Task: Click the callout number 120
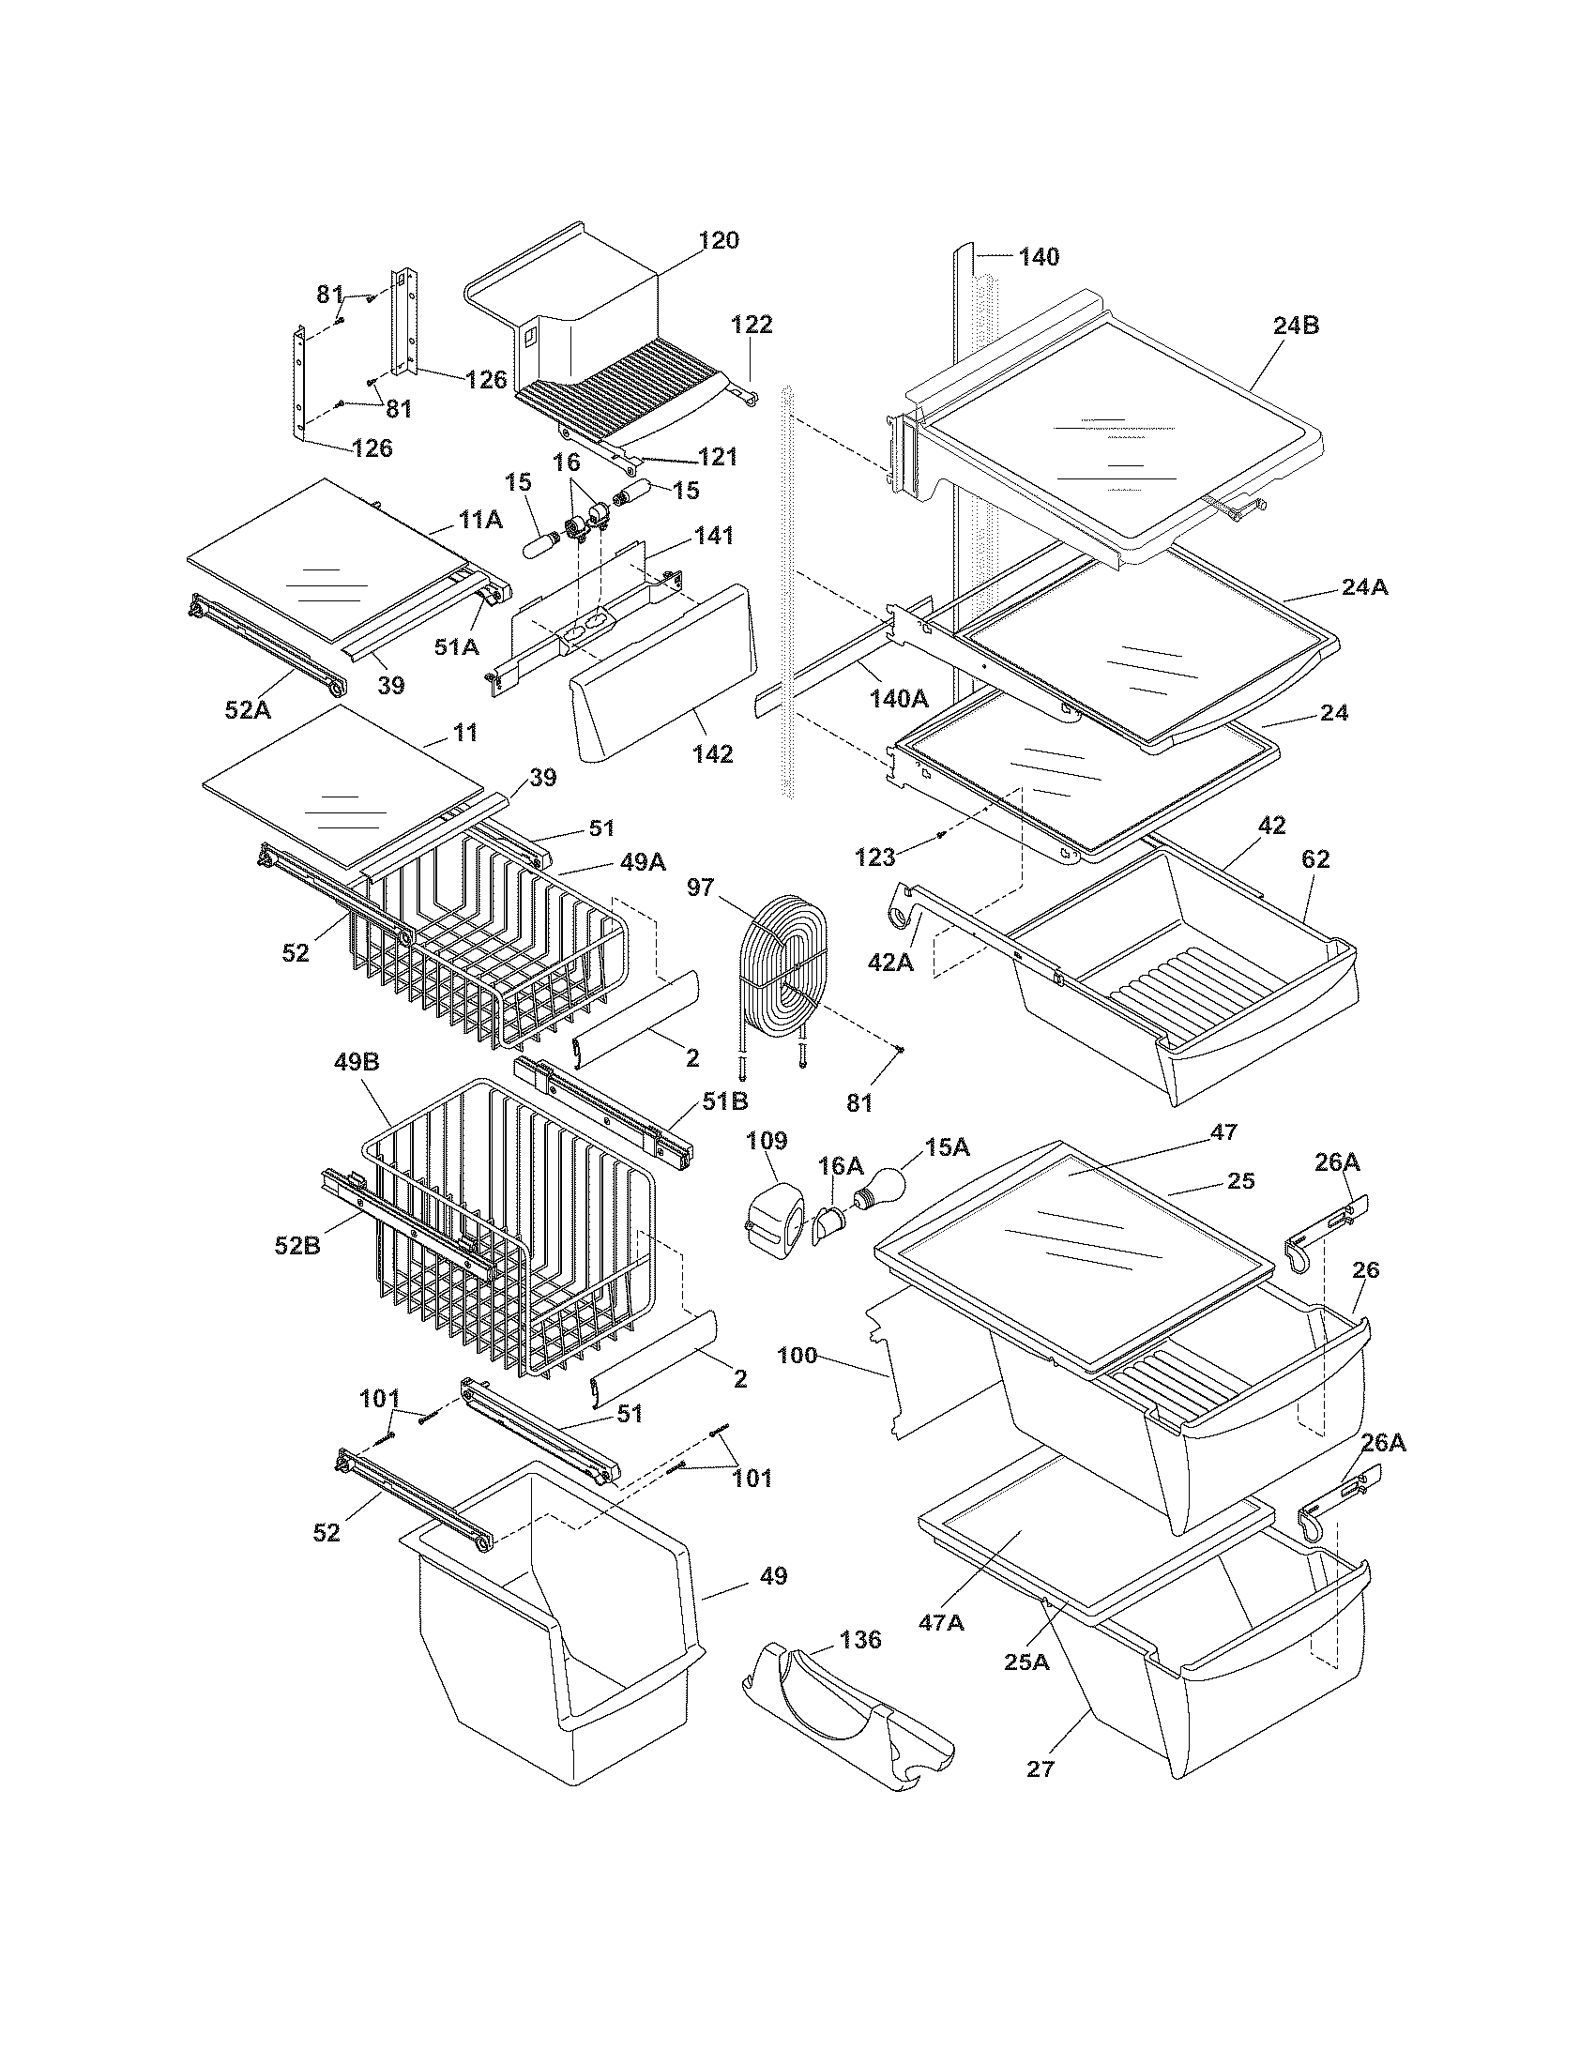pos(718,241)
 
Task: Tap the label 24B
pos(1296,326)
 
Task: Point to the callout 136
pos(858,1640)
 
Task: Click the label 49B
pos(357,1062)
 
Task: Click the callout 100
pos(797,1356)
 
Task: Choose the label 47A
pos(941,1623)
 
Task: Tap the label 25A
pos(1027,1662)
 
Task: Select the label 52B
pos(297,1246)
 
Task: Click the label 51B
pos(724,1102)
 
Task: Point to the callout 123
pos(874,857)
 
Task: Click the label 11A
pos(481,519)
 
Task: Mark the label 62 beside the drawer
pos(1314,859)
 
